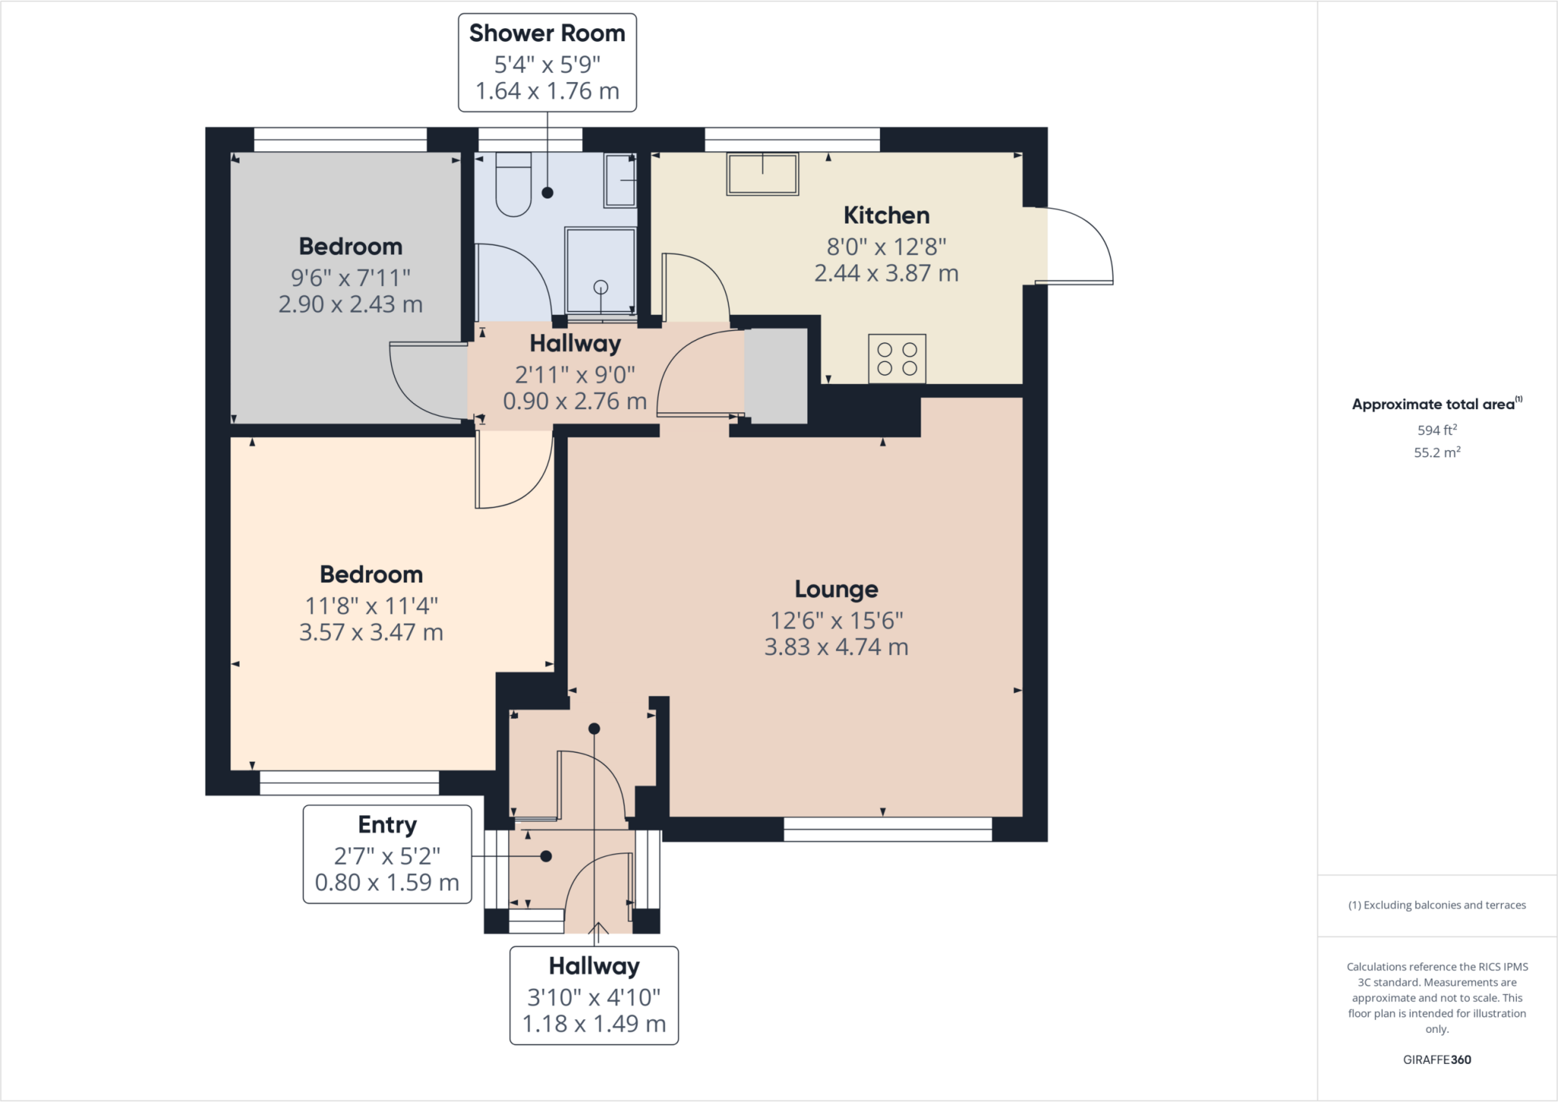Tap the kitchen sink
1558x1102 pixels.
pos(762,174)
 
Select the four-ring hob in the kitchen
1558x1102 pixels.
pos(897,358)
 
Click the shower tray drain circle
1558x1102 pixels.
pos(601,287)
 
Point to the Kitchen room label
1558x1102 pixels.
pos(886,215)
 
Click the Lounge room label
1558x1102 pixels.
pos(836,589)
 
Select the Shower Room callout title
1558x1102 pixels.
pos(547,33)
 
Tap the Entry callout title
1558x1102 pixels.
pos(387,824)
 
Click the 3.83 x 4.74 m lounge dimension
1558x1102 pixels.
pos(836,646)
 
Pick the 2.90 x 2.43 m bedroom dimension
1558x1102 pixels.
pos(351,303)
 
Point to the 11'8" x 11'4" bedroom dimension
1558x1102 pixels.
pos(371,605)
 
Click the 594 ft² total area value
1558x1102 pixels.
pos(1437,430)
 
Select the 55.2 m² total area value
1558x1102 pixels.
pos(1437,452)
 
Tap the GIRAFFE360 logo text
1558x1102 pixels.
pos(1437,1059)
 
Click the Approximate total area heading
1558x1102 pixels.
pos(1437,404)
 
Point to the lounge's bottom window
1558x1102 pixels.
pos(888,829)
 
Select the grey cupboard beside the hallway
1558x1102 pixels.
pos(775,376)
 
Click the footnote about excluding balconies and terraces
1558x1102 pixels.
pos(1437,905)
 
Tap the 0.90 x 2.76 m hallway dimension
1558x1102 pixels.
pos(575,401)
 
